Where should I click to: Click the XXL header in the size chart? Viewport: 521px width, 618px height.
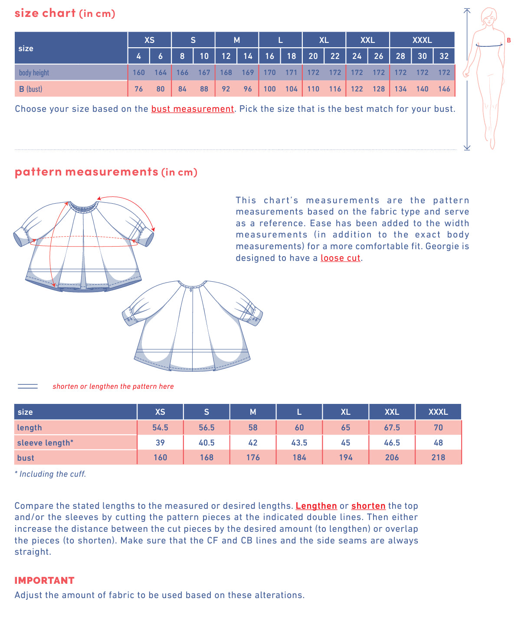[367, 40]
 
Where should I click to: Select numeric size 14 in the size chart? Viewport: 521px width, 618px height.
[248, 56]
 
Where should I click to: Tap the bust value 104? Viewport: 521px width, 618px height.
[292, 89]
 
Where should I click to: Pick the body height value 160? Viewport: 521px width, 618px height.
[139, 72]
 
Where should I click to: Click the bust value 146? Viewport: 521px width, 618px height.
[444, 89]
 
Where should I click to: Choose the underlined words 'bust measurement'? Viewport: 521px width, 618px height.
[192, 109]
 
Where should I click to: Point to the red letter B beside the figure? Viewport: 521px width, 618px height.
[508, 40]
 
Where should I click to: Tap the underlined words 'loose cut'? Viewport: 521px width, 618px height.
[340, 258]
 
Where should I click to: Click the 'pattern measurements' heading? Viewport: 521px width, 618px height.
[86, 172]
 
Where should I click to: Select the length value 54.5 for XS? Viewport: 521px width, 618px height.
[160, 427]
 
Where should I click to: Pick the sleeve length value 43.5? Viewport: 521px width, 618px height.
[299, 442]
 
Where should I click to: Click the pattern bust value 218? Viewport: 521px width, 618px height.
[438, 457]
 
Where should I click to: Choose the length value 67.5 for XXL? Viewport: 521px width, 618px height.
[392, 427]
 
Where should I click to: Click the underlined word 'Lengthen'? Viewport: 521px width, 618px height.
[316, 506]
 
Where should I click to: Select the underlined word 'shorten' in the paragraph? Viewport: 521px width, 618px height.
[368, 506]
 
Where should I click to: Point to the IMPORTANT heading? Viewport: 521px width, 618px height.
[44, 580]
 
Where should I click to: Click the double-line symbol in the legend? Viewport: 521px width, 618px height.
[28, 386]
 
